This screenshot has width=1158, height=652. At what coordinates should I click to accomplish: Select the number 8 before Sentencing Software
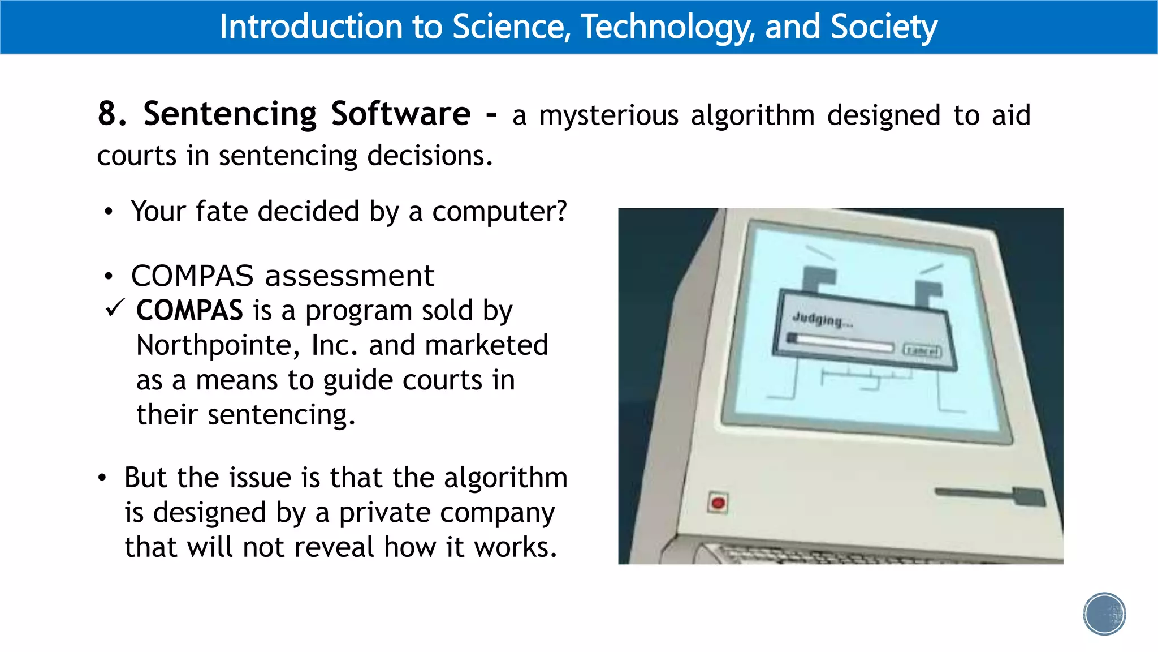[x=107, y=113]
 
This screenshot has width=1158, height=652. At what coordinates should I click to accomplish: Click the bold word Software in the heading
[x=400, y=114]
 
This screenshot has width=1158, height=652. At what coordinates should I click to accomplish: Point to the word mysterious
[x=608, y=115]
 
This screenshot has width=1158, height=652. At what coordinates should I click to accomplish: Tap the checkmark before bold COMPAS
[x=115, y=308]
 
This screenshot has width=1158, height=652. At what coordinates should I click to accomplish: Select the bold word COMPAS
[x=189, y=311]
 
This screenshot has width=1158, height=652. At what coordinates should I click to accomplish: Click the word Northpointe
[x=218, y=345]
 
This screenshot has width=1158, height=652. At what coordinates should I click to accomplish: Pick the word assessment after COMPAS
[x=349, y=276]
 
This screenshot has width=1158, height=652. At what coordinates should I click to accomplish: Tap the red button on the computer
[x=718, y=503]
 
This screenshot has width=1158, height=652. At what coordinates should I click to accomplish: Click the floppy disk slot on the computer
[x=990, y=494]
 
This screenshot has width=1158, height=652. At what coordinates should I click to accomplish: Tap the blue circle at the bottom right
[x=1104, y=614]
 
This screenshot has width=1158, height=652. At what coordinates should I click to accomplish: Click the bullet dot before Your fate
[x=109, y=212]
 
